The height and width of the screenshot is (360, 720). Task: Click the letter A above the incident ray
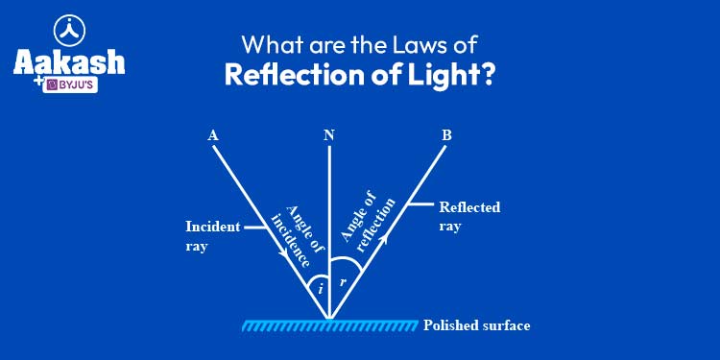tap(212, 135)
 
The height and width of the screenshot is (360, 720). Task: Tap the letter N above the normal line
tap(329, 135)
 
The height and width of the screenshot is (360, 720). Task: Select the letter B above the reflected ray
tap(446, 135)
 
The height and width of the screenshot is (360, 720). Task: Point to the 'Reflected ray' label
tap(469, 216)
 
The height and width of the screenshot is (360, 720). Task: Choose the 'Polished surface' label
tap(476, 325)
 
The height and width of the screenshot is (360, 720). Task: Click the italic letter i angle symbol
tap(321, 285)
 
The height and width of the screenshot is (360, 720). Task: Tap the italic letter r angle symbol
tap(343, 282)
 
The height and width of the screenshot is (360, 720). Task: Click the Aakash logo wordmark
tap(68, 61)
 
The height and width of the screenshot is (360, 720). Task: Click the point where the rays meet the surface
tap(329, 319)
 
